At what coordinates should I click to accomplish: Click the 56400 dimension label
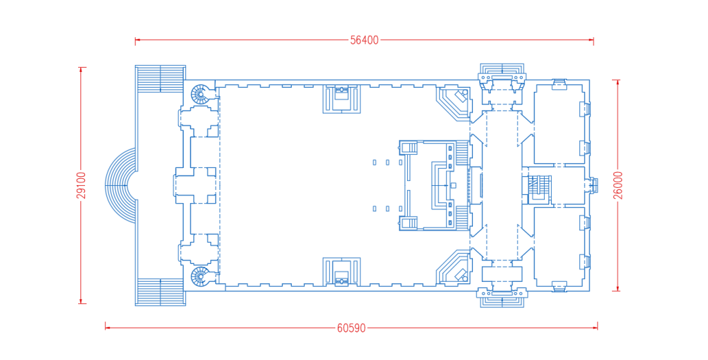pyautogui.click(x=364, y=40)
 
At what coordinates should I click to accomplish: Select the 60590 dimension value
pyautogui.click(x=351, y=328)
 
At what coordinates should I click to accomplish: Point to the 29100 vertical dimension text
pyautogui.click(x=82, y=185)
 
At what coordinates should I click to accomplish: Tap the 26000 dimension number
pyautogui.click(x=618, y=185)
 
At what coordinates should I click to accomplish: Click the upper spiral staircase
pyautogui.click(x=200, y=94)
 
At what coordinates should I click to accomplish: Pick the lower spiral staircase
pyautogui.click(x=200, y=276)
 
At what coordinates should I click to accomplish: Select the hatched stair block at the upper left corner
pyautogui.click(x=160, y=79)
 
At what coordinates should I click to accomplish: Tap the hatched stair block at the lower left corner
pyautogui.click(x=160, y=292)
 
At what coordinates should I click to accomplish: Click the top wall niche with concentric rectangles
pyautogui.click(x=342, y=99)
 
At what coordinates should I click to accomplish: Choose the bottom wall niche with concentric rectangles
pyautogui.click(x=342, y=272)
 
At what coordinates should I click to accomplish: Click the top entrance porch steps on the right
pyautogui.click(x=502, y=72)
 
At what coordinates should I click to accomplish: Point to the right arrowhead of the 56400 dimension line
pyautogui.click(x=590, y=40)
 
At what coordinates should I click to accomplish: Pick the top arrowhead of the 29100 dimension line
pyautogui.click(x=82, y=70)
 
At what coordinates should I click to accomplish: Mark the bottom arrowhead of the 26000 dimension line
pyautogui.click(x=618, y=288)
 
